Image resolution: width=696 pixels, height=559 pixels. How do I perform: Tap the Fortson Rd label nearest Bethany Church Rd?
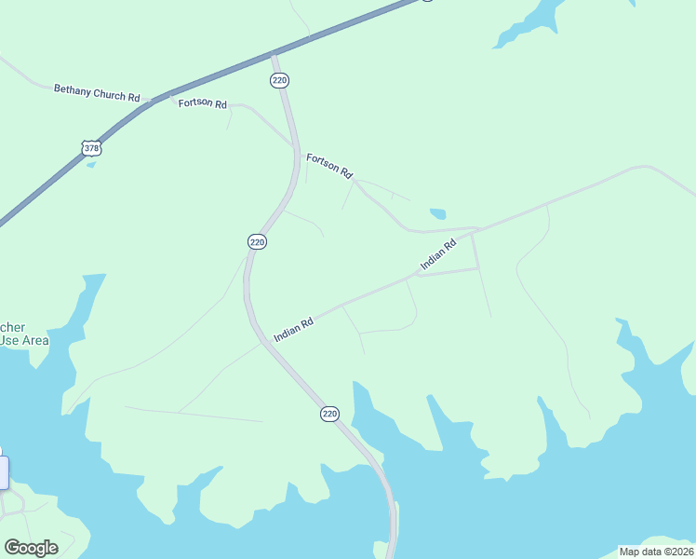click(203, 103)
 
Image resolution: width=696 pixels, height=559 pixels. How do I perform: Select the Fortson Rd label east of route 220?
click(330, 166)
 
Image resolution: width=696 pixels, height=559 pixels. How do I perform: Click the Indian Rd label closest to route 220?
click(293, 328)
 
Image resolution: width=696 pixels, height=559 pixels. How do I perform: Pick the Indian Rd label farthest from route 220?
click(437, 255)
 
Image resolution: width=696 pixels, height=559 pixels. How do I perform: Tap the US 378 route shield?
click(90, 148)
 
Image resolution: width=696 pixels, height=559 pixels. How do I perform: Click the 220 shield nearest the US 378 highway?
click(280, 81)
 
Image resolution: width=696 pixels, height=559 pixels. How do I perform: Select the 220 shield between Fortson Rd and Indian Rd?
click(258, 241)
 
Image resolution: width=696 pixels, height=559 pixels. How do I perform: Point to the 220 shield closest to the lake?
click(329, 413)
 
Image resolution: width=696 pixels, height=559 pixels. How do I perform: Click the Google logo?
click(31, 547)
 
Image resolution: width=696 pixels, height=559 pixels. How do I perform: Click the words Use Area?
click(23, 341)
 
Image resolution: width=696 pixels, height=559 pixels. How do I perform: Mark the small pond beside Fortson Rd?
click(437, 213)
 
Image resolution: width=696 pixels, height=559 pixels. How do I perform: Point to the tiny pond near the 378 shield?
click(90, 165)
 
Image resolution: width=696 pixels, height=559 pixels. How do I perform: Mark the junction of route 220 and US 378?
click(274, 54)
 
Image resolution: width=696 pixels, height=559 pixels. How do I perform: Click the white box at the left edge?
click(4, 471)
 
